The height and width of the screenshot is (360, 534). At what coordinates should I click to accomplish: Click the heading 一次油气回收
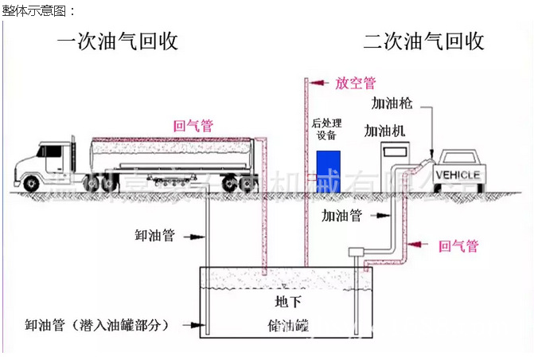(118, 41)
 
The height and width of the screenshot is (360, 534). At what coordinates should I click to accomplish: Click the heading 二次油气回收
(424, 41)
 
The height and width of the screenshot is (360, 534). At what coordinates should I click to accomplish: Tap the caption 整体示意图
(39, 10)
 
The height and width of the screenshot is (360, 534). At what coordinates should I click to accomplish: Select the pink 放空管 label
(355, 83)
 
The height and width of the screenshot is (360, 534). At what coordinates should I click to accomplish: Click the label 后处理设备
(327, 129)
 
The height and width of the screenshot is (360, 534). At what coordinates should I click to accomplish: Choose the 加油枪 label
(392, 103)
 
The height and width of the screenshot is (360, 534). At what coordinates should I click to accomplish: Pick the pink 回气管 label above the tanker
(193, 125)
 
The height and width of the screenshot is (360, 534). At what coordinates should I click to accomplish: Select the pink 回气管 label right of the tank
(459, 246)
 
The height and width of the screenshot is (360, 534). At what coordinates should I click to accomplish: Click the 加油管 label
(342, 215)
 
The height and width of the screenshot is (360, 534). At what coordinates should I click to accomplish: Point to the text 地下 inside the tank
(288, 302)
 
